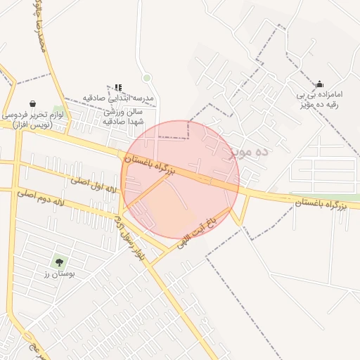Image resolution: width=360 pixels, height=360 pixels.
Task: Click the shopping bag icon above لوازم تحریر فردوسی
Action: tap(32, 104)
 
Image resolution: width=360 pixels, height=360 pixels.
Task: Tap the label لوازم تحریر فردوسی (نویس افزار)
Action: tap(32, 119)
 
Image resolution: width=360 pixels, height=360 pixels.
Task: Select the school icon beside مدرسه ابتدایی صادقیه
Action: tap(118, 87)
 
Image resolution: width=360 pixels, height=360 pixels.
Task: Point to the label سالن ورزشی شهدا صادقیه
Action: tap(123, 116)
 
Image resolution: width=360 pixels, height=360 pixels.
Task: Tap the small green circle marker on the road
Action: tap(146, 77)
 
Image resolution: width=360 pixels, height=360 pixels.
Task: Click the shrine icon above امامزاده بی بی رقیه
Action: tap(320, 84)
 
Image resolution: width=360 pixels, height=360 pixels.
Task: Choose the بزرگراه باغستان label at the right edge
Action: tap(321, 204)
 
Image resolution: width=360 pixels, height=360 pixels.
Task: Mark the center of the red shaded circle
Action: tap(180, 179)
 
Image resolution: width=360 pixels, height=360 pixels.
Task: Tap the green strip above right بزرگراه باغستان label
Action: tap(323, 195)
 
